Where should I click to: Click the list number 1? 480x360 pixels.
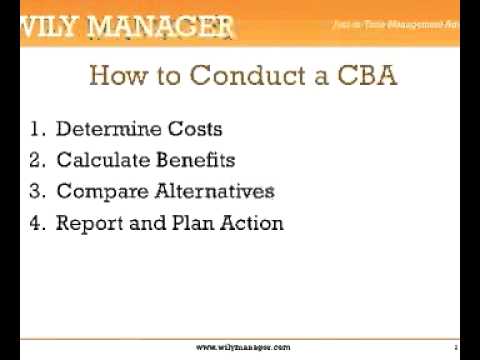[39, 129]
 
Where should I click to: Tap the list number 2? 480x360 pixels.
[39, 160]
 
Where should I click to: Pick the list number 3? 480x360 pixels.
[39, 191]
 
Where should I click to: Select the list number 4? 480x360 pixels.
[39, 223]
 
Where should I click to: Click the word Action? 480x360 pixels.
[251, 223]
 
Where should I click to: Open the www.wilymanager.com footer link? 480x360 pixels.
[243, 347]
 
